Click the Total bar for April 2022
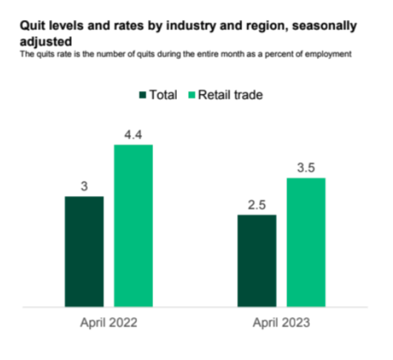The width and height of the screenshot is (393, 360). coord(84,251)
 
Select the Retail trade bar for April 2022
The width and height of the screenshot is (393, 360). coord(133,225)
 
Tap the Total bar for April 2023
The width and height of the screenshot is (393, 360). coord(257,260)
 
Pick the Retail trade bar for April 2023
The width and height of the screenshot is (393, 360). coord(306,242)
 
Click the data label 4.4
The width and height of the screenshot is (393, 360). coord(133,133)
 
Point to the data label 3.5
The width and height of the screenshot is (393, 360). coord(306,167)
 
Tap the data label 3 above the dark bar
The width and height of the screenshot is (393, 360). coord(84,186)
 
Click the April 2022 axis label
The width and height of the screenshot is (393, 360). coord(109,323)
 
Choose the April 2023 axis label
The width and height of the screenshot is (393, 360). coord(282,323)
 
